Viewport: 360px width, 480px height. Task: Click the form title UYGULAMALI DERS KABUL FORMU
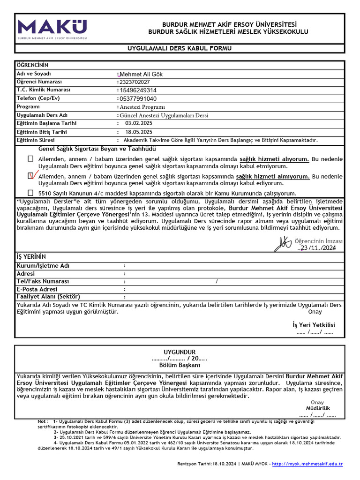(180, 49)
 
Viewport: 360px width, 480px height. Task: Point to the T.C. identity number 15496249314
(138, 90)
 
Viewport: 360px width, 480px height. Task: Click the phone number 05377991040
(138, 99)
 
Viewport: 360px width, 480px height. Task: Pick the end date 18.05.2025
(139, 132)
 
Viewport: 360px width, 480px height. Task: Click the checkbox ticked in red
(31, 176)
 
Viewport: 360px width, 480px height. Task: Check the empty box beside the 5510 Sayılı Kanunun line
(30, 193)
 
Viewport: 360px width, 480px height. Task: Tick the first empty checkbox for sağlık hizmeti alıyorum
(30, 159)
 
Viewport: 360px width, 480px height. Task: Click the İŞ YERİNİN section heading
(31, 256)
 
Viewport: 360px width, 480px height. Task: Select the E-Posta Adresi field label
(37, 289)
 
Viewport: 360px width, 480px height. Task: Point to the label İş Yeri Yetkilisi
(314, 325)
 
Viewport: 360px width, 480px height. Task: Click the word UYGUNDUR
(180, 352)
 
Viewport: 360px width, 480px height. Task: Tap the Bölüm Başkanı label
(180, 365)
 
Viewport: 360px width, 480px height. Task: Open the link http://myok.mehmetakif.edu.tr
(307, 464)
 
